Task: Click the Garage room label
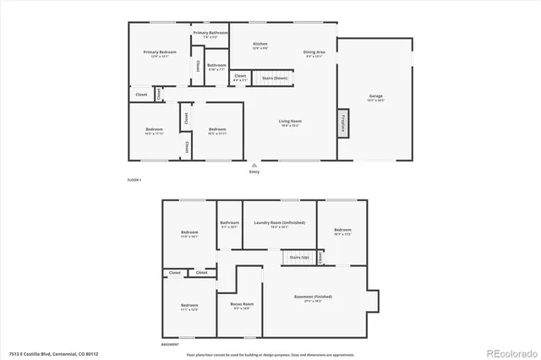pos(375,97)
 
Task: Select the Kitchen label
pos(260,44)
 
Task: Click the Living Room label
pos(291,123)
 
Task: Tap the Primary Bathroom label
pos(210,34)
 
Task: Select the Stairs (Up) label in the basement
pos(299,256)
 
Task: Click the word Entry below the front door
pos(254,172)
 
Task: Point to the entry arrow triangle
pos(254,165)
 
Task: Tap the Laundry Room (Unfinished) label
pos(279,223)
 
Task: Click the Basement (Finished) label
pos(314,299)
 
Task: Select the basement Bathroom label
pos(230,224)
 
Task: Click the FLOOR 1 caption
pos(134,180)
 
